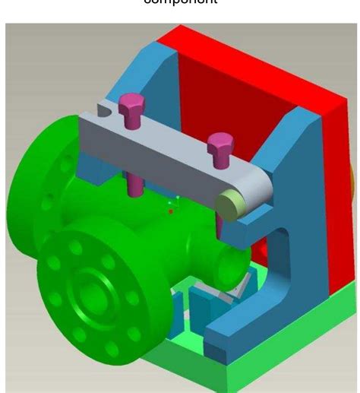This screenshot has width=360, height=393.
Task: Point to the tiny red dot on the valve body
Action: point(171,212)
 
